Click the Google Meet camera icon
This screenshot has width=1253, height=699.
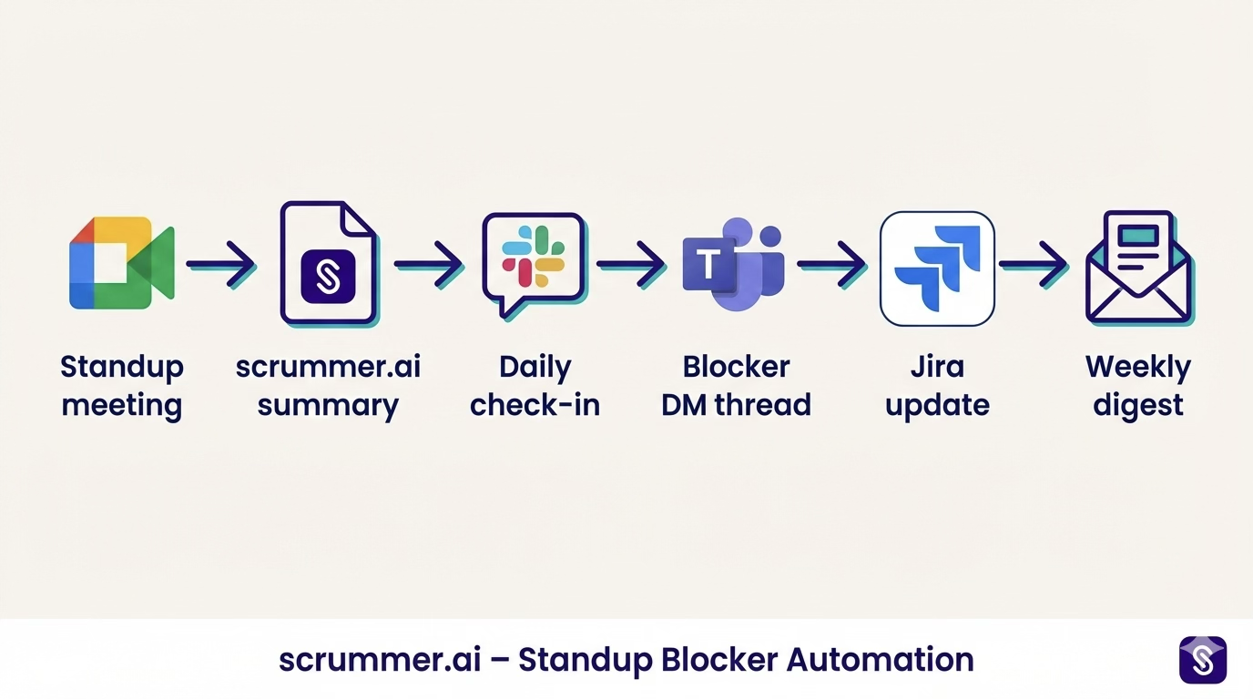pyautogui.click(x=121, y=263)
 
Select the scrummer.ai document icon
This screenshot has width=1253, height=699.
pyautogui.click(x=328, y=263)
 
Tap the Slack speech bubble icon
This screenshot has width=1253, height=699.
pyautogui.click(x=534, y=262)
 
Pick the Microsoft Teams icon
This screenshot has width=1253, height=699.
pyautogui.click(x=734, y=264)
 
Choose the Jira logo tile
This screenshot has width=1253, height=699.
pyautogui.click(x=937, y=268)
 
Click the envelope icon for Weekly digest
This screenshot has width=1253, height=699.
pyautogui.click(x=1139, y=267)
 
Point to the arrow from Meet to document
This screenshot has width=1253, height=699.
pyautogui.click(x=220, y=265)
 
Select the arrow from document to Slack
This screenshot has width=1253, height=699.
pyautogui.click(x=428, y=265)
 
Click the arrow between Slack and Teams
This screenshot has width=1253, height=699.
pyautogui.click(x=631, y=265)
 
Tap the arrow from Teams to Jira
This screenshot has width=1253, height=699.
pyautogui.click(x=831, y=265)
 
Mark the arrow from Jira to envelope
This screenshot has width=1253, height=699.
pyautogui.click(x=1034, y=265)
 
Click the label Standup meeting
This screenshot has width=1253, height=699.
pyautogui.click(x=122, y=386)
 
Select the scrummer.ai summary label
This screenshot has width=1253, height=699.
pyautogui.click(x=328, y=386)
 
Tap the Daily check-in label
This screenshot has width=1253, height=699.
pyautogui.click(x=535, y=386)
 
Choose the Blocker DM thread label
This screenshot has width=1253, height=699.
pyautogui.click(x=736, y=386)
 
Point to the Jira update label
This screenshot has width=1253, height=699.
pyautogui.click(x=937, y=386)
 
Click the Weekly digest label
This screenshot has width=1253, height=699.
pyautogui.click(x=1138, y=386)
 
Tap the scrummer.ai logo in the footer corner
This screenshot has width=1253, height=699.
pyautogui.click(x=1202, y=659)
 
